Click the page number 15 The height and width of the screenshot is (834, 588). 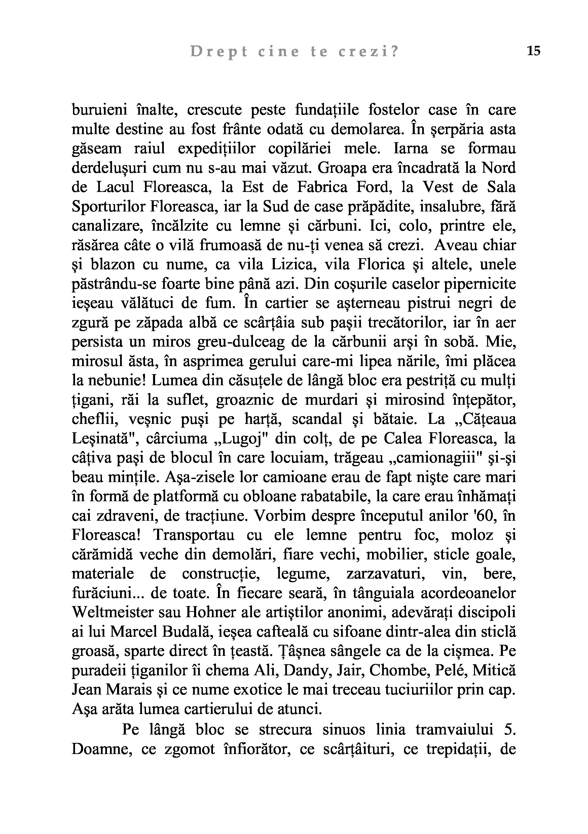pyautogui.click(x=534, y=51)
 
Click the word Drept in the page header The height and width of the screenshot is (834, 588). pyautogui.click(x=219, y=52)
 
